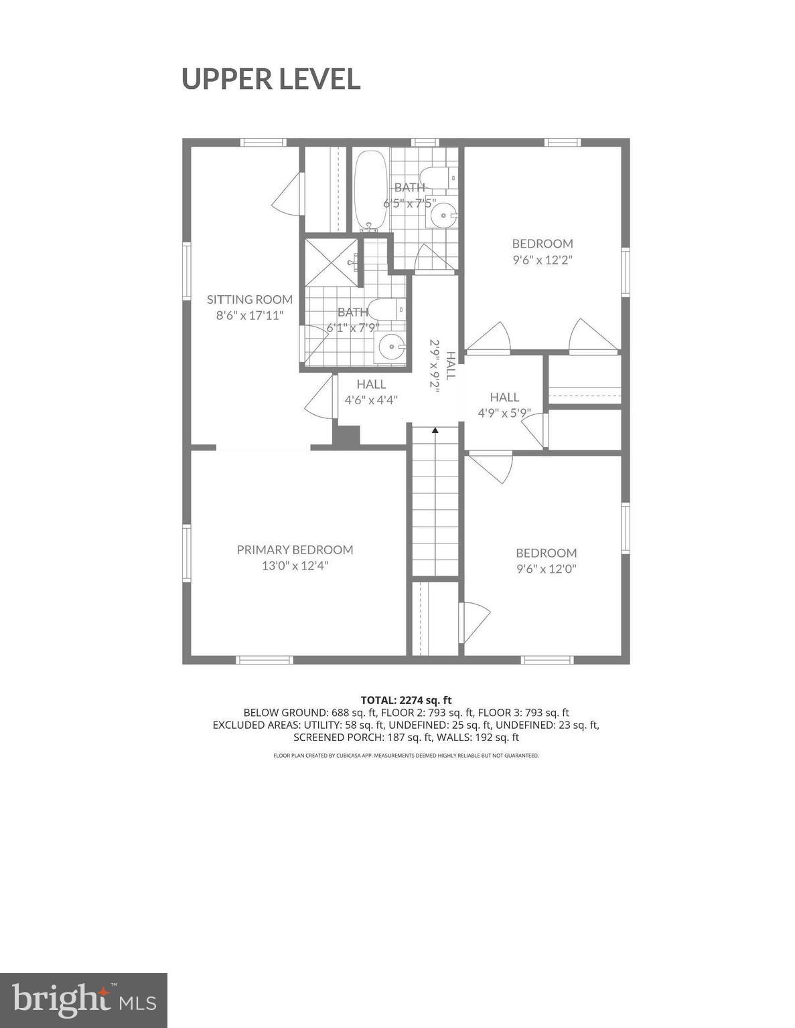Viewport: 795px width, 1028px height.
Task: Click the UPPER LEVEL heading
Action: pos(271,79)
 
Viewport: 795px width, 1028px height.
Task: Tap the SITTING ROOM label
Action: pos(249,299)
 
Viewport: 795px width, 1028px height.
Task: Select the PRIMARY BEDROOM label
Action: pos(295,549)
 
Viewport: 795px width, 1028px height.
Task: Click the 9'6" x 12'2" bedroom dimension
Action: pos(543,260)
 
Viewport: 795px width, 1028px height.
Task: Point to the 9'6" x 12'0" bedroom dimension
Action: pos(546,569)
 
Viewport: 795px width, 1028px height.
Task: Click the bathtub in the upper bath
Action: pos(370,191)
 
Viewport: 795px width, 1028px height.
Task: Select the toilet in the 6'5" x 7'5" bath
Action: pos(440,179)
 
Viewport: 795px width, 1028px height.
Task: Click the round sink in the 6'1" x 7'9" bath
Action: pos(390,347)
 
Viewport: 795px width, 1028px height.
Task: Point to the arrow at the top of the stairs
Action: pos(435,431)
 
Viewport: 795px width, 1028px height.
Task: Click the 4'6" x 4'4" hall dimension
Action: pos(371,400)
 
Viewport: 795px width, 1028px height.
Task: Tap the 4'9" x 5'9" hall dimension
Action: pos(504,413)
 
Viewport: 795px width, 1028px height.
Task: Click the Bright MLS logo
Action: pos(83,1000)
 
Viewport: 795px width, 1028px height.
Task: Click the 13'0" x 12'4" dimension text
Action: pos(295,566)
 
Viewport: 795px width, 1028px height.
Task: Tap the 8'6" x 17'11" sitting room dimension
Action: pos(249,315)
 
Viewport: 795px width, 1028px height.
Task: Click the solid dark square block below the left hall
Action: pos(346,436)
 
